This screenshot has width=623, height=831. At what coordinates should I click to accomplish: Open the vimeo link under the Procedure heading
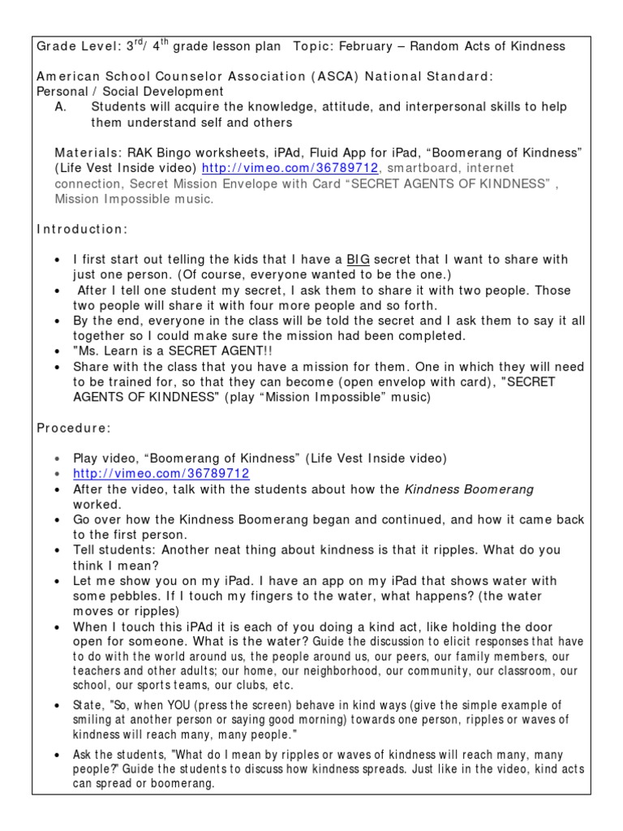(161, 473)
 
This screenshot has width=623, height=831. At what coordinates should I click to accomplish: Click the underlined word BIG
(358, 260)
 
